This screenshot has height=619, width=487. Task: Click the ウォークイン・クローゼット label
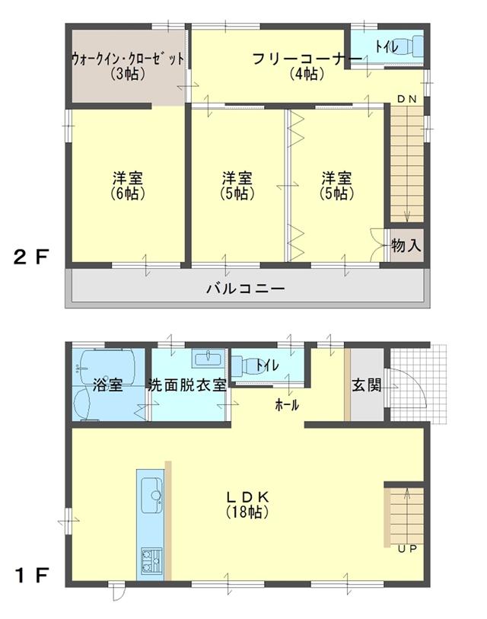pos(128,60)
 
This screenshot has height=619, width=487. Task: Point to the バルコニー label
pos(246,289)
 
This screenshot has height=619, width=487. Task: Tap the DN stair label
pos(406,99)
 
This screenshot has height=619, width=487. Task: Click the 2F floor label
pos(31,257)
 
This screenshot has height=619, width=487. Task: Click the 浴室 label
pos(107,385)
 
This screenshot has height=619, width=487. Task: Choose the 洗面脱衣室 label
pos(187,385)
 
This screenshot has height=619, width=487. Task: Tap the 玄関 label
pos(366,385)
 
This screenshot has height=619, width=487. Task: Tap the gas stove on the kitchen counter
pos(150,563)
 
